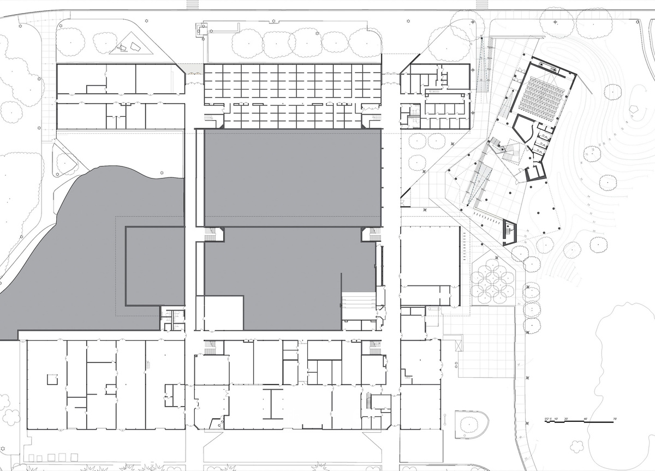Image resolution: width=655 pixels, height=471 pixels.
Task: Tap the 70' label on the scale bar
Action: pyautogui.click(x=614, y=419)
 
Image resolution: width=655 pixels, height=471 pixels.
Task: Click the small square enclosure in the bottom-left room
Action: pyautogui.click(x=52, y=379)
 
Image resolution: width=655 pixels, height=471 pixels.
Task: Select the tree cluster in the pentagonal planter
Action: pyautogui.click(x=493, y=281)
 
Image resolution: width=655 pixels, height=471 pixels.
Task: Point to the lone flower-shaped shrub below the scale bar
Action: pyautogui.click(x=576, y=446)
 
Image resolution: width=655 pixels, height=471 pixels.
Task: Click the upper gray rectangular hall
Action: pyautogui.click(x=292, y=177)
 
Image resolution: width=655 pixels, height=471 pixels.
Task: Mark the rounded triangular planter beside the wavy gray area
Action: pyautogui.click(x=64, y=160)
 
